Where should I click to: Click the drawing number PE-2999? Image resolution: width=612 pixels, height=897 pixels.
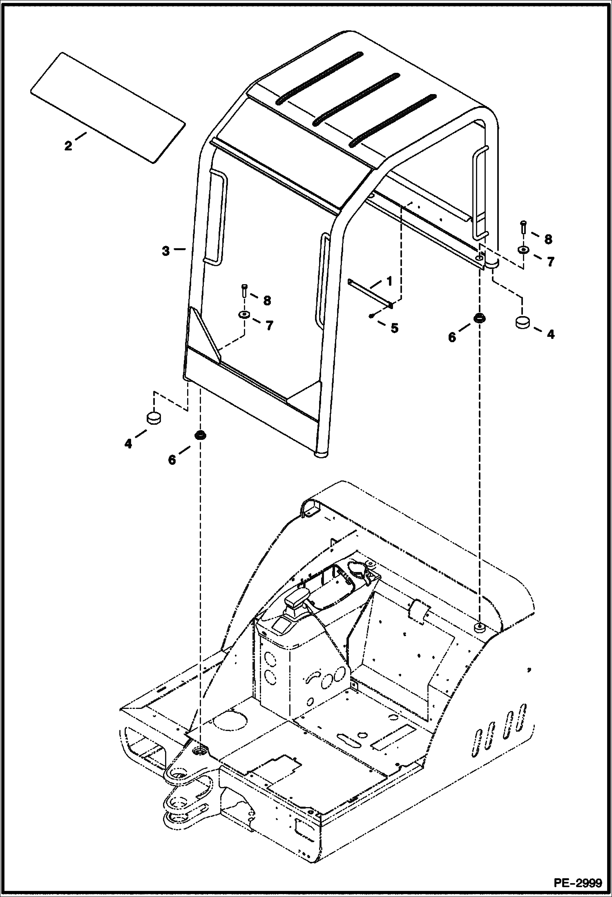click(578, 883)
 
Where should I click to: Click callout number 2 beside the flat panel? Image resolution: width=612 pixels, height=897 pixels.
click(68, 146)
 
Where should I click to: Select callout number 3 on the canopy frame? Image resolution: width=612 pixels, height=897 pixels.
click(165, 251)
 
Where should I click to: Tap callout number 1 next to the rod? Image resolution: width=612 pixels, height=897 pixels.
click(389, 281)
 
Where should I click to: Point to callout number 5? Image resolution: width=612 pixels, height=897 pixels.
click(394, 328)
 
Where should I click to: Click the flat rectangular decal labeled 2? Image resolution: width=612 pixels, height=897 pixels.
click(108, 108)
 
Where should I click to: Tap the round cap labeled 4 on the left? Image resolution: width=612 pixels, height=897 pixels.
click(154, 418)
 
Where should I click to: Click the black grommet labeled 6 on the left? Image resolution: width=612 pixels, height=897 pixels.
click(200, 435)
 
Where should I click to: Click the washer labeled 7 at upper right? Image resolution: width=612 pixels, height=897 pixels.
click(523, 250)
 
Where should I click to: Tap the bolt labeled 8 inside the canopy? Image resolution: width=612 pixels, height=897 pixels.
click(244, 291)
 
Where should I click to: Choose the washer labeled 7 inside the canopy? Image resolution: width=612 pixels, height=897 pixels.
click(244, 314)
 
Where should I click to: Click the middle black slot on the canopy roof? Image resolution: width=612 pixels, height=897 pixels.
click(356, 99)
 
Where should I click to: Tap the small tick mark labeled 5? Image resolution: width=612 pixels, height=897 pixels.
click(370, 315)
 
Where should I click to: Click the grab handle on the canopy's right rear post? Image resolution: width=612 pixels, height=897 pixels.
click(480, 192)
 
